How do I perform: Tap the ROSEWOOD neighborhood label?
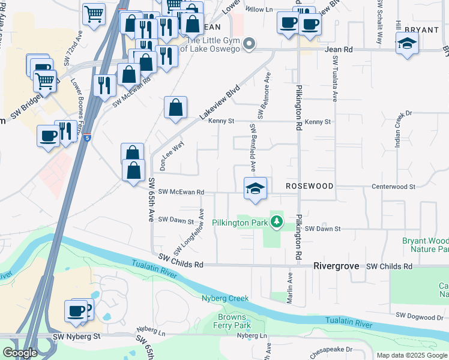[309, 187]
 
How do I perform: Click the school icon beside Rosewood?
[255, 188]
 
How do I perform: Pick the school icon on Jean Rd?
[407, 44]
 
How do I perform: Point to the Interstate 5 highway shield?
[88, 137]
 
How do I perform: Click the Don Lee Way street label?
[170, 155]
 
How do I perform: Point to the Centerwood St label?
[394, 187]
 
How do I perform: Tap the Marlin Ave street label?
[289, 287]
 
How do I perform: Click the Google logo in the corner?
[20, 353]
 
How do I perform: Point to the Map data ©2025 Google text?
[412, 355]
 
